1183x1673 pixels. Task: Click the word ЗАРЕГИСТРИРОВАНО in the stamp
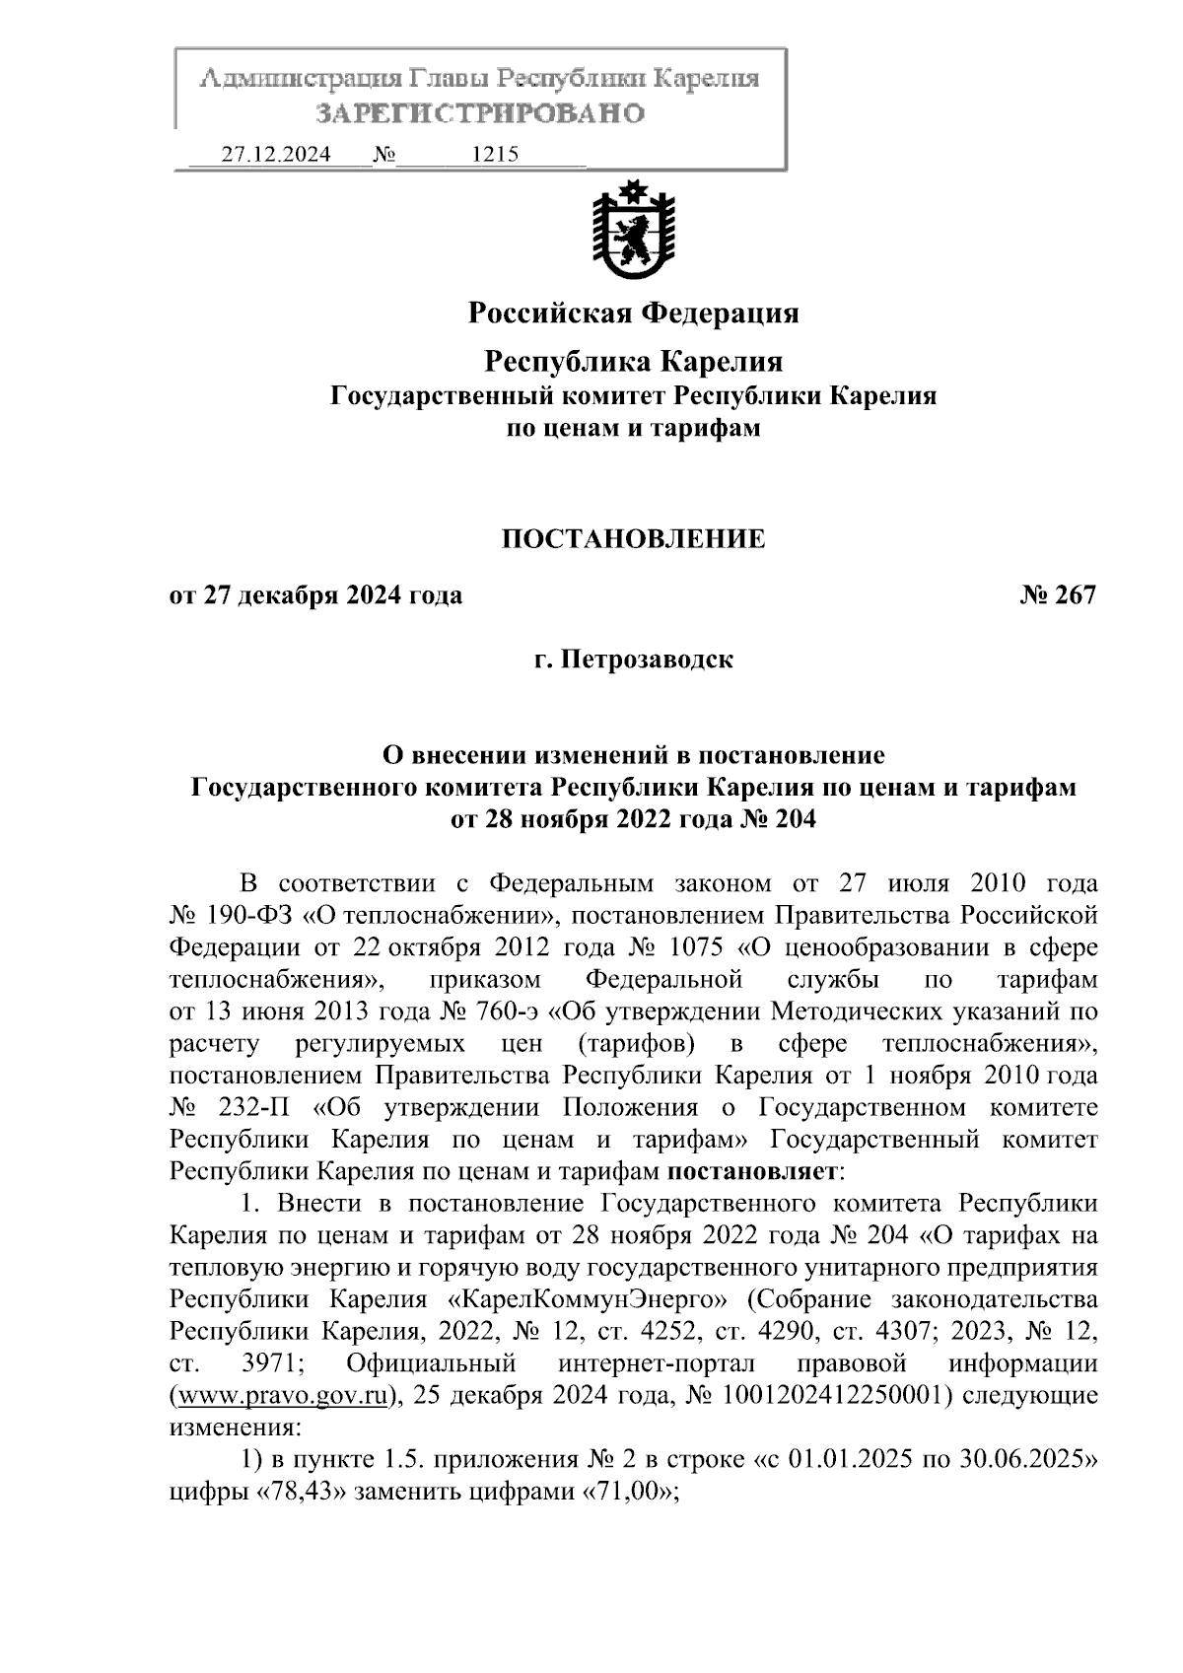480,113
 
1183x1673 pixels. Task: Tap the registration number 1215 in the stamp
496,155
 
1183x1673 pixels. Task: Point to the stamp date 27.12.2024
276,155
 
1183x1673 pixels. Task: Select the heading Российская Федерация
633,314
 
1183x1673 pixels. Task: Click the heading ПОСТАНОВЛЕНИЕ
633,538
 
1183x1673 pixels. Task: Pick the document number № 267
1058,595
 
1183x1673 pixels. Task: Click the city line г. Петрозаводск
633,659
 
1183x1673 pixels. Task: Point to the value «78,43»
298,1492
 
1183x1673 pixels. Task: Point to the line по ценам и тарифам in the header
633,428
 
